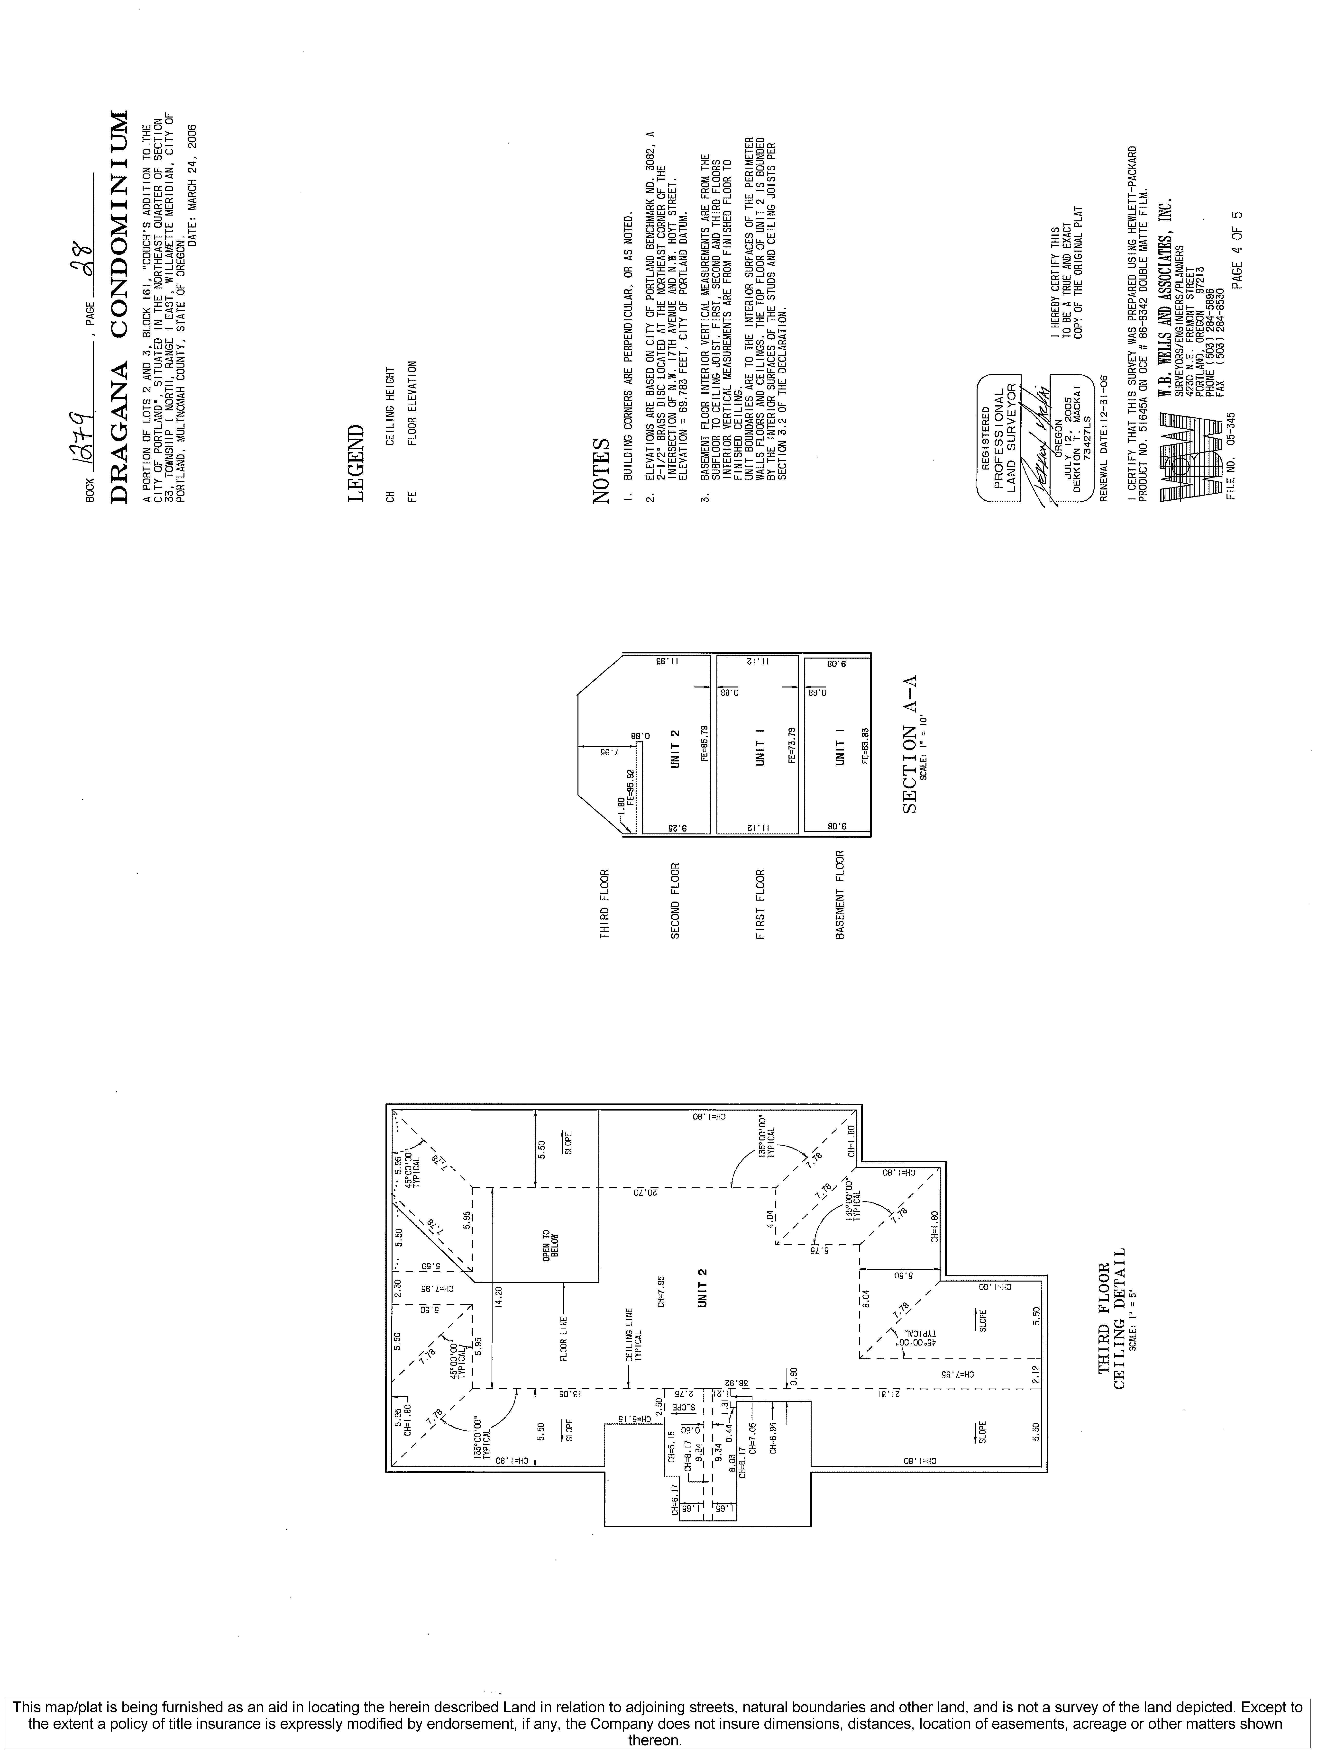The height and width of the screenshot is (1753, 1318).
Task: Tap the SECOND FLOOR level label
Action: [675, 900]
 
